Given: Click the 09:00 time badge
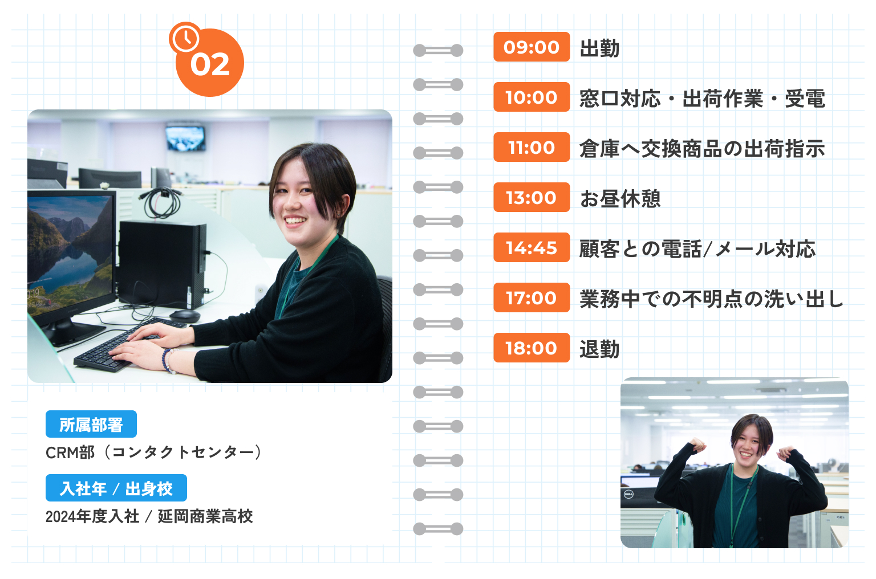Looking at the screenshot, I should pos(532,47).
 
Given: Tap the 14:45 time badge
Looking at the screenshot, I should pos(532,247).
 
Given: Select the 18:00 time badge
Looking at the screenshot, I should pos(532,348).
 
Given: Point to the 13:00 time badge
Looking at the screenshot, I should pos(532,197).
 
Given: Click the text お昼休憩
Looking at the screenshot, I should pos(620,198).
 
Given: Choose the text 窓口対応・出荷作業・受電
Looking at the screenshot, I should pos(702,99).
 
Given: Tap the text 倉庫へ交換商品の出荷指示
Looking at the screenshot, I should pos(702,149).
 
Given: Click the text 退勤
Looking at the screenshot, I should pos(599,349).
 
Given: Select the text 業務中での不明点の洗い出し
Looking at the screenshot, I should pos(711,299).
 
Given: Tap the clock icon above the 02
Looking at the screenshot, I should pos(185,38).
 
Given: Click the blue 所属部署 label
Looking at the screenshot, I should pos(91,425).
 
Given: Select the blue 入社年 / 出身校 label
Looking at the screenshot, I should pos(116,488).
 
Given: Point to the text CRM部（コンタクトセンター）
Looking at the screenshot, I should pos(154,452).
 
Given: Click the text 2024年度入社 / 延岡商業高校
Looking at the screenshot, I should pos(149,516).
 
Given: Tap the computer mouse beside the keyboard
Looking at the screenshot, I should pos(185,315).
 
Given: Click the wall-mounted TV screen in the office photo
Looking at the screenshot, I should pos(185,138).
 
